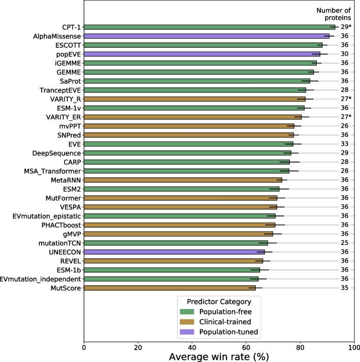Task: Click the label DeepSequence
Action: [56, 153]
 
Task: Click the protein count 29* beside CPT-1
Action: [346, 27]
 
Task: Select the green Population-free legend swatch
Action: [187, 311]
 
